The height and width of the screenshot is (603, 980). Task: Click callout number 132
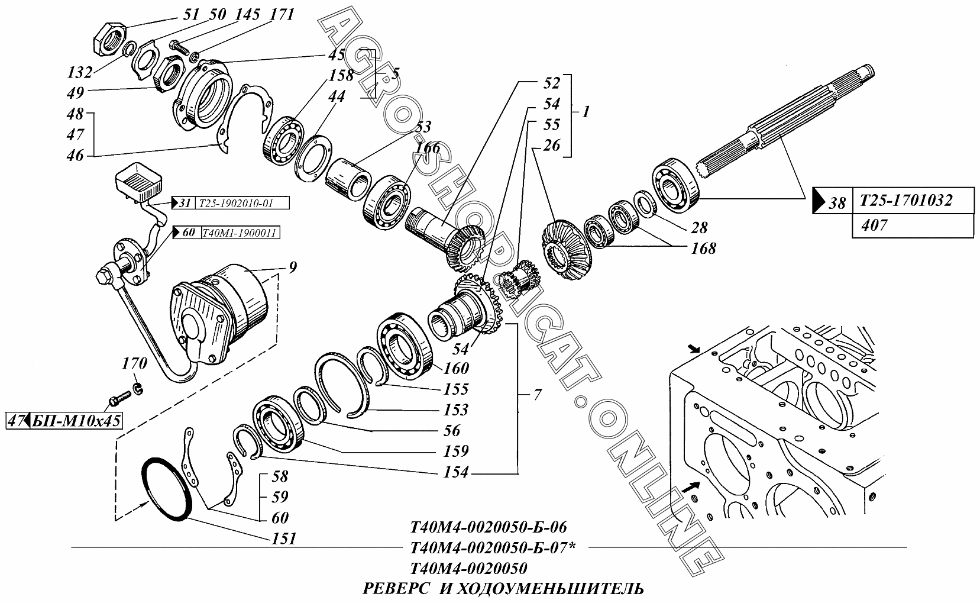(x=80, y=72)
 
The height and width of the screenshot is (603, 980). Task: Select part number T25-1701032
(x=905, y=201)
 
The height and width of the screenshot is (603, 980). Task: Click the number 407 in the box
(x=874, y=226)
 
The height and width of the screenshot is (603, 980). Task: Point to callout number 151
(x=284, y=538)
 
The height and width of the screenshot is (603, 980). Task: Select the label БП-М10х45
(x=76, y=421)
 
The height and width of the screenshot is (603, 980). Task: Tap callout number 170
(x=134, y=364)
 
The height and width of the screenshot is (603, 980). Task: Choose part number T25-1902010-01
(x=236, y=204)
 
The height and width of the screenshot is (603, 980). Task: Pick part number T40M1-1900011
(x=239, y=233)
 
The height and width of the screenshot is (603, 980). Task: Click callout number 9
(x=293, y=267)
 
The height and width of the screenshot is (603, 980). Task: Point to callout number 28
(x=699, y=228)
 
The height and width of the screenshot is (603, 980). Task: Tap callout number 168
(x=703, y=249)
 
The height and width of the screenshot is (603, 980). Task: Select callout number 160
(x=456, y=369)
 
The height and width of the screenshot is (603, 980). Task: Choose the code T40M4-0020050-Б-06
(x=489, y=527)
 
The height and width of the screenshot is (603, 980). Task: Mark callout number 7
(x=538, y=395)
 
